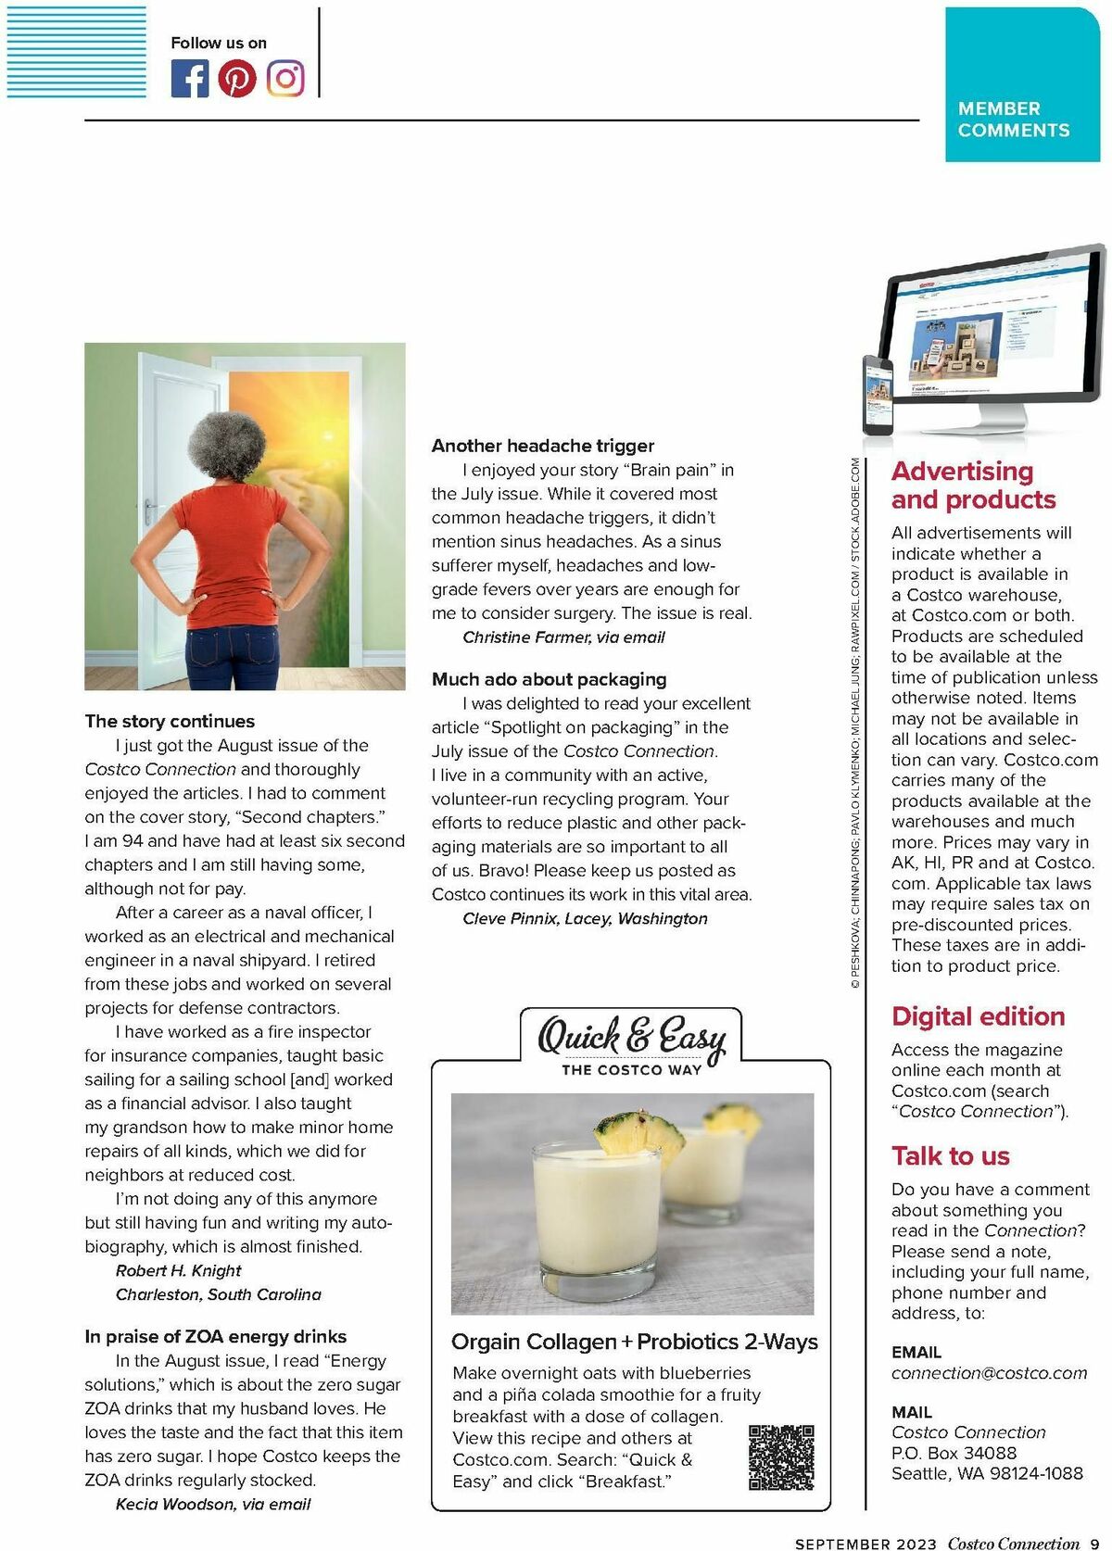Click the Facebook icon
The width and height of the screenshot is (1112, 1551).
tap(190, 79)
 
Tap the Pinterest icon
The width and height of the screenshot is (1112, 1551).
tap(237, 79)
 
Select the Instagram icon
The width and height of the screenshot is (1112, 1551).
tap(285, 79)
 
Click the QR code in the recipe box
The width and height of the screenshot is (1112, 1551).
tap(780, 1457)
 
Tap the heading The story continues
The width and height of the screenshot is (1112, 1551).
tap(170, 721)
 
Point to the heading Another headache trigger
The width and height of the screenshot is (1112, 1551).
tap(542, 446)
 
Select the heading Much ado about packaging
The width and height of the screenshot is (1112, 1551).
tap(549, 679)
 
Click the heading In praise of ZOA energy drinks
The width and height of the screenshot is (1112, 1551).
tap(215, 1336)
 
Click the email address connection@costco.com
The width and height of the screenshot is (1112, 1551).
tap(989, 1373)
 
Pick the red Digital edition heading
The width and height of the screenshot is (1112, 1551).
tap(978, 1016)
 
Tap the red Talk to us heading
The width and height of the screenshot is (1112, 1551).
tap(950, 1156)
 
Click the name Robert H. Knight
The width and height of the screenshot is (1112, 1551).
tap(178, 1270)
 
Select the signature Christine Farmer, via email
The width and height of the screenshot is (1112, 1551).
tap(563, 637)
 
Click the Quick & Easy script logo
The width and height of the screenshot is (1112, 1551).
tap(631, 1037)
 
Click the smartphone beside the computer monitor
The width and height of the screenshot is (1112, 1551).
tap(878, 396)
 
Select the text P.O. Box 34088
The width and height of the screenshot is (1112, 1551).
tap(954, 1453)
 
